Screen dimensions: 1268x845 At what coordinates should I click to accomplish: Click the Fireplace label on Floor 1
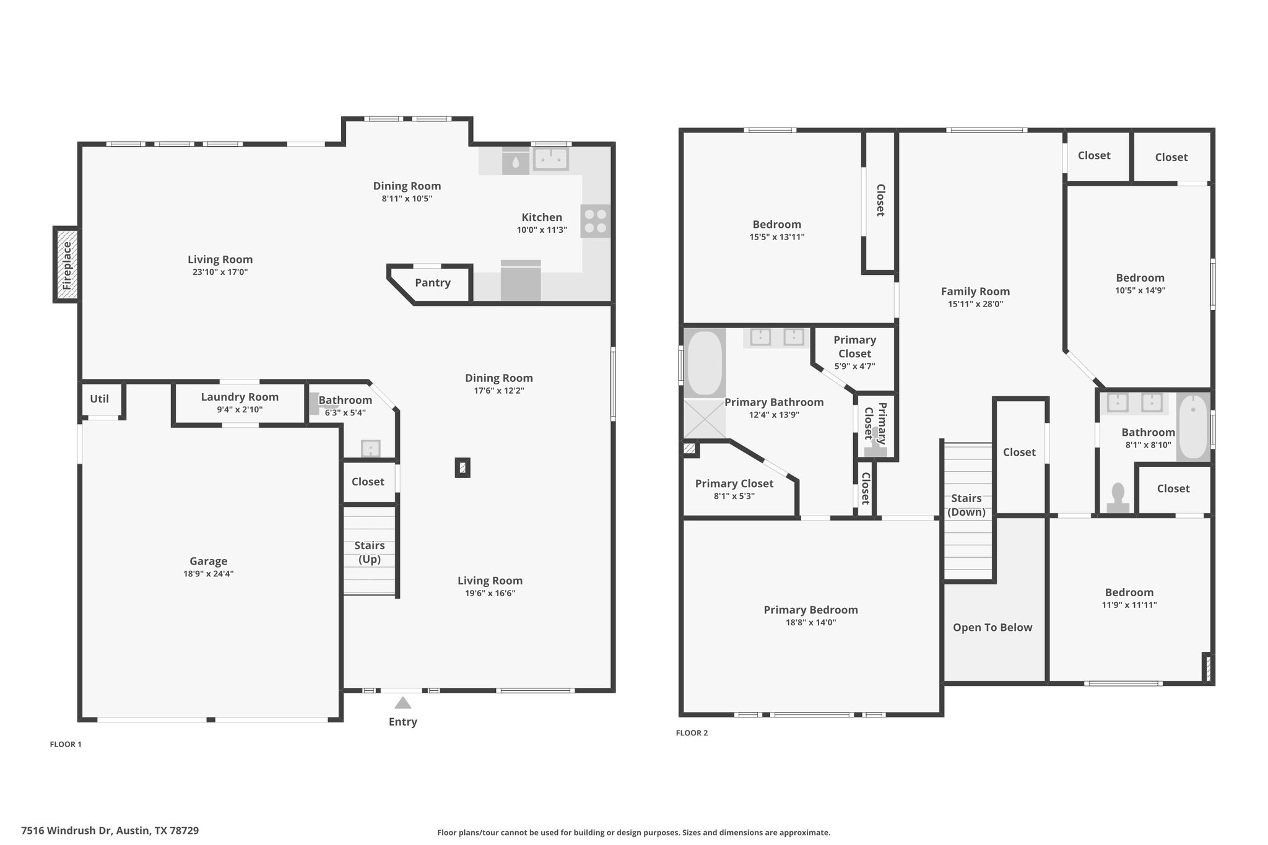pos(67,266)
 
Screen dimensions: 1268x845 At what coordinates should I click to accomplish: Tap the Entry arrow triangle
pos(403,703)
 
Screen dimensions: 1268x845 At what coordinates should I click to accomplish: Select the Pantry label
pos(433,283)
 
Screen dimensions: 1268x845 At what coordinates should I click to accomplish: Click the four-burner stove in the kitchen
pos(595,221)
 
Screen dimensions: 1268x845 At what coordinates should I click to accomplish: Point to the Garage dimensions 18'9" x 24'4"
pos(208,574)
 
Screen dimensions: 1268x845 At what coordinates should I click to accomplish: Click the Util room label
pos(99,399)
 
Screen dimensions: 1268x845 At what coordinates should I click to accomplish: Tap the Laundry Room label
pos(240,397)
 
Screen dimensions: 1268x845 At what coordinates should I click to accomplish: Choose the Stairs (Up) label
pos(370,552)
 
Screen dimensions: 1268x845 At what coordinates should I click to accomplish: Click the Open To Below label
pos(992,628)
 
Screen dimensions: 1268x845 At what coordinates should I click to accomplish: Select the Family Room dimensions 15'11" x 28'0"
pos(975,304)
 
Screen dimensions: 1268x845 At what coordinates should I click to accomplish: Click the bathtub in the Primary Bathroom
pos(705,363)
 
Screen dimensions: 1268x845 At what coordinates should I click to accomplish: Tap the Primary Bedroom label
pos(810,610)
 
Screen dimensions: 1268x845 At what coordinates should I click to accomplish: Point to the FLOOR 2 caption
pos(692,733)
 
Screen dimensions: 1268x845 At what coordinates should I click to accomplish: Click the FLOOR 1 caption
pos(66,745)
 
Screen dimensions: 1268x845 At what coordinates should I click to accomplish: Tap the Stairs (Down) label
pos(966,505)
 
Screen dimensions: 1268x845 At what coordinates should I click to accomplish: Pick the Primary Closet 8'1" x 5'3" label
pos(734,489)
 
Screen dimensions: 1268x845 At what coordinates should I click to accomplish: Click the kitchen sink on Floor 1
pos(551,159)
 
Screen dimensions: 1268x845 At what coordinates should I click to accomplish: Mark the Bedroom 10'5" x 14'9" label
pos(1140,284)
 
